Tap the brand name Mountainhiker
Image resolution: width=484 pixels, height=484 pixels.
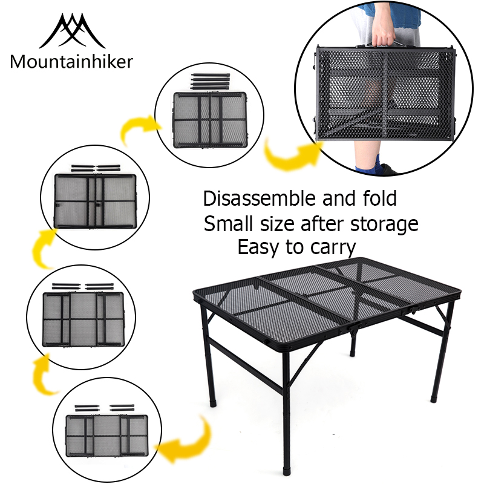71,62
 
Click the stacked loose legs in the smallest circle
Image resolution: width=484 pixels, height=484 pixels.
209,82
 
